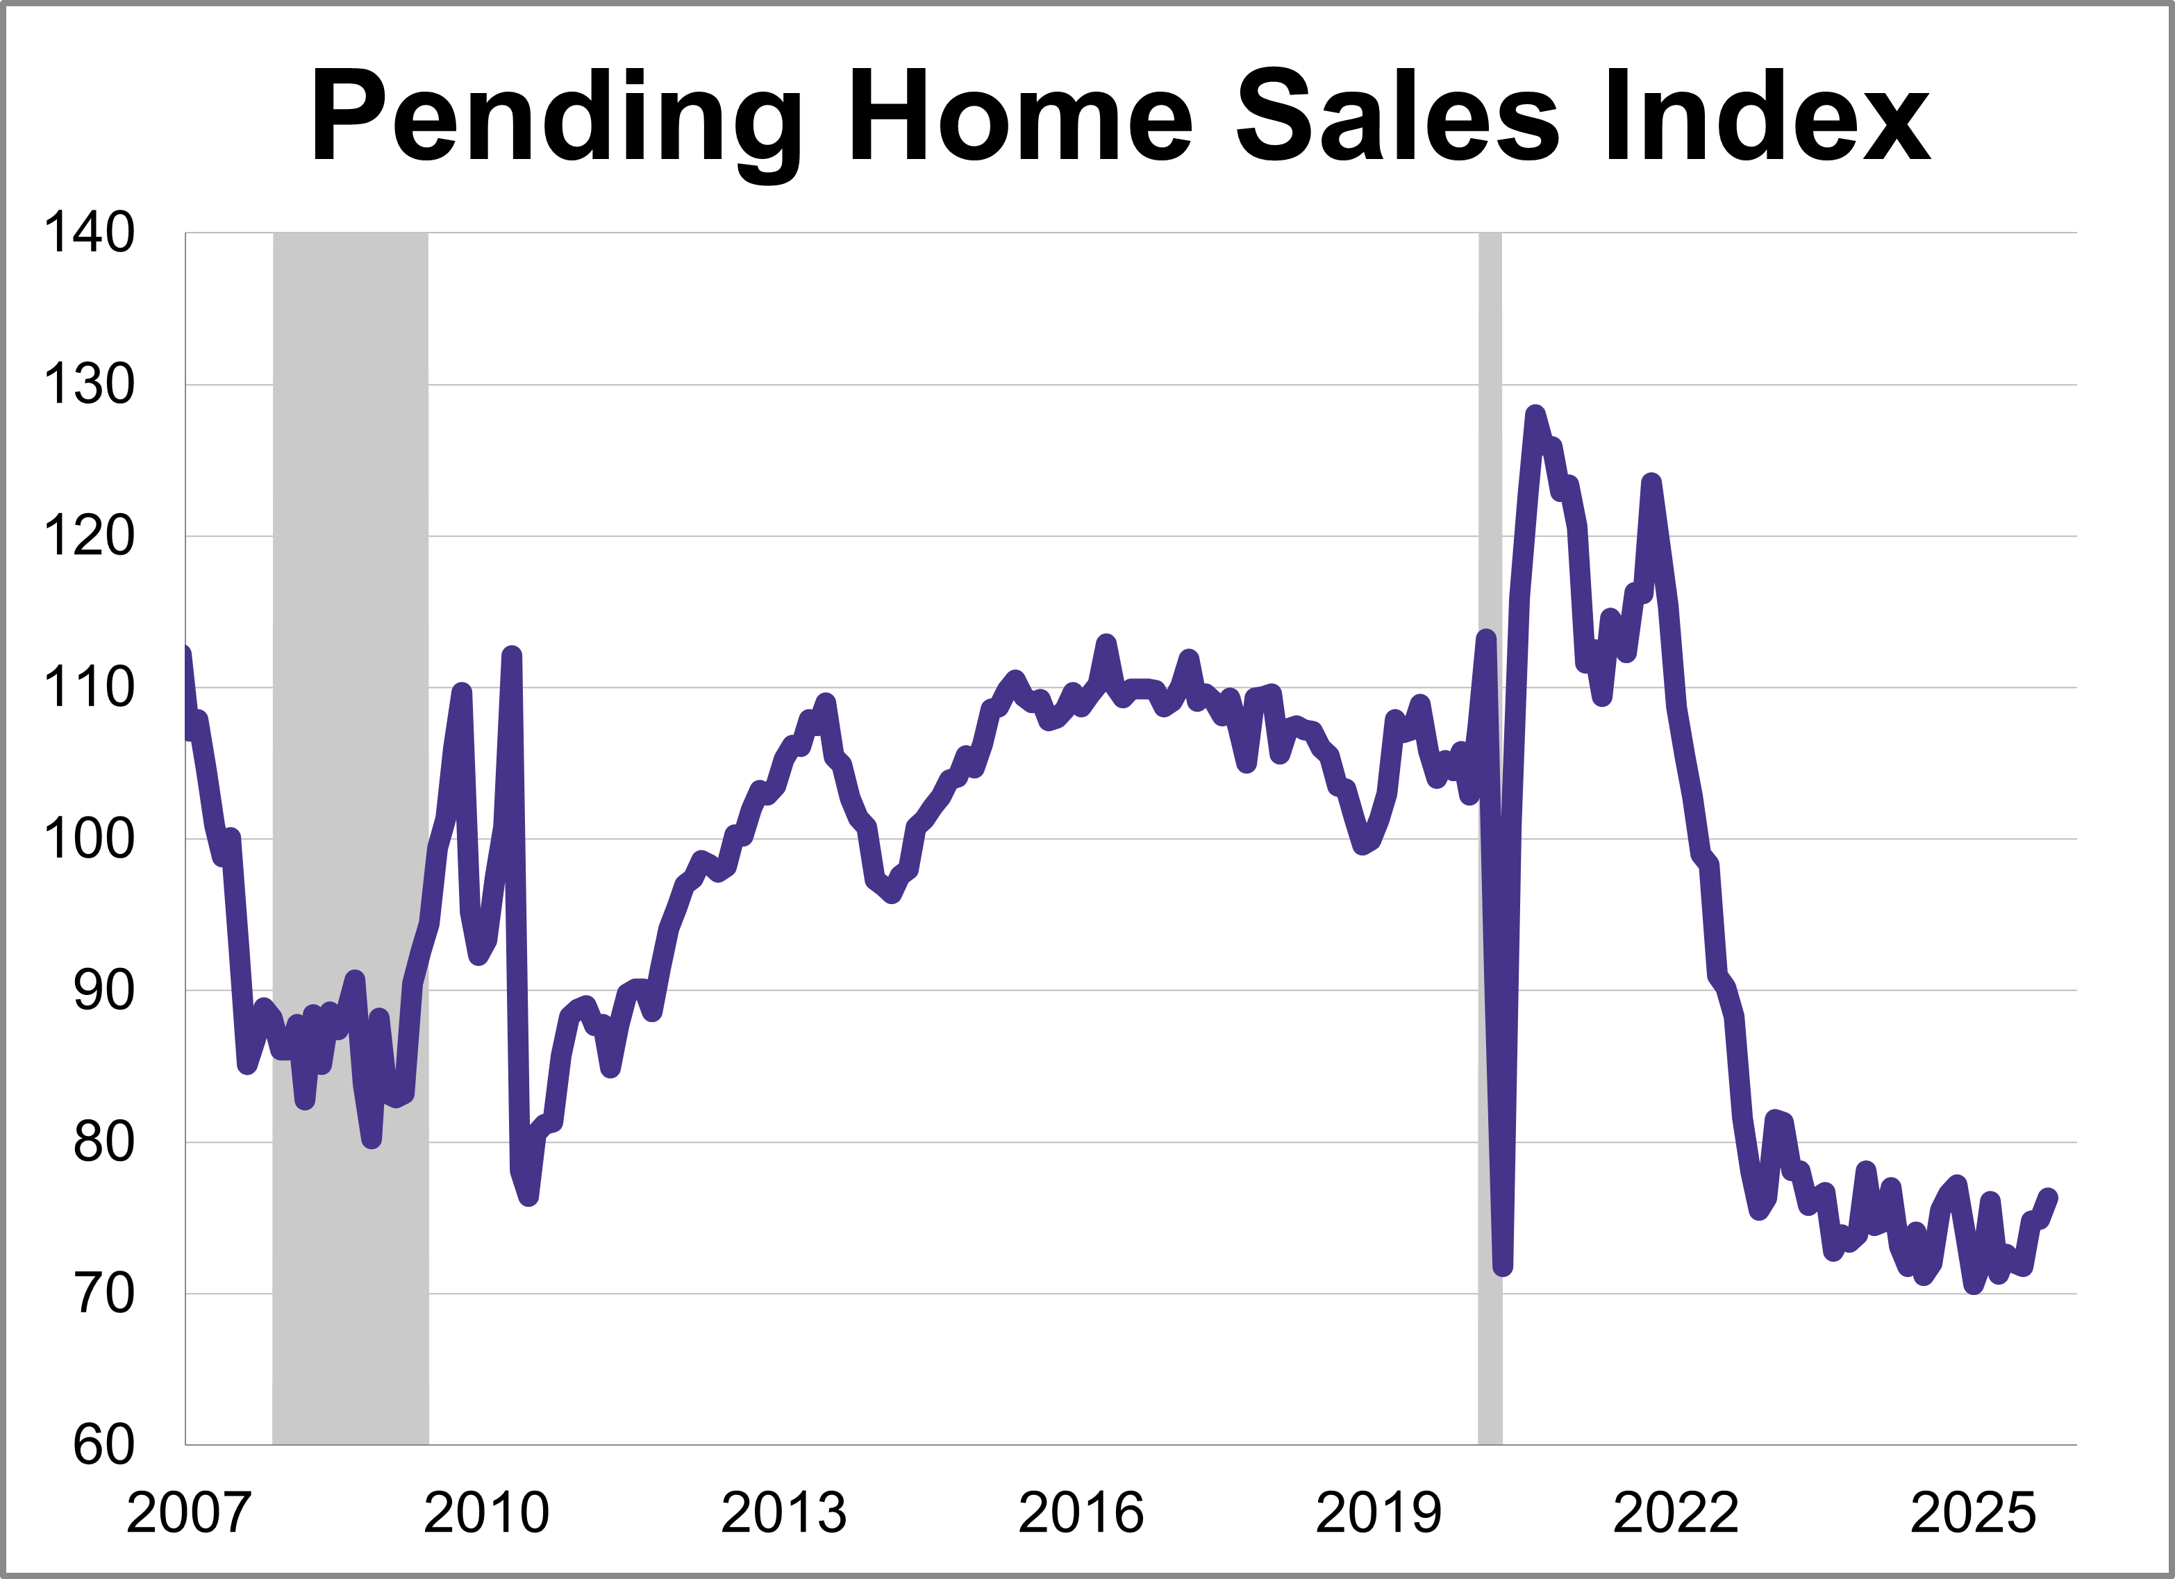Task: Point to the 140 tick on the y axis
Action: pyautogui.click(x=89, y=233)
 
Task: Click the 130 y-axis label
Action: pyautogui.click(x=89, y=385)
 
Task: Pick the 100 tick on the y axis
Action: pyautogui.click(x=89, y=839)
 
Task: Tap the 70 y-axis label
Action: pyautogui.click(x=103, y=1294)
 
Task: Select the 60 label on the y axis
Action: pyautogui.click(x=103, y=1445)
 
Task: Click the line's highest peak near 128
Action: pyautogui.click(x=1535, y=415)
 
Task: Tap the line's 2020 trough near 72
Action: pyautogui.click(x=1503, y=1267)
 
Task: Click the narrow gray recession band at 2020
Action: pyautogui.click(x=1490, y=863)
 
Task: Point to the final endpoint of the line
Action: pyautogui.click(x=2049, y=1196)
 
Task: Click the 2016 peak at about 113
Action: pyautogui.click(x=1106, y=642)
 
